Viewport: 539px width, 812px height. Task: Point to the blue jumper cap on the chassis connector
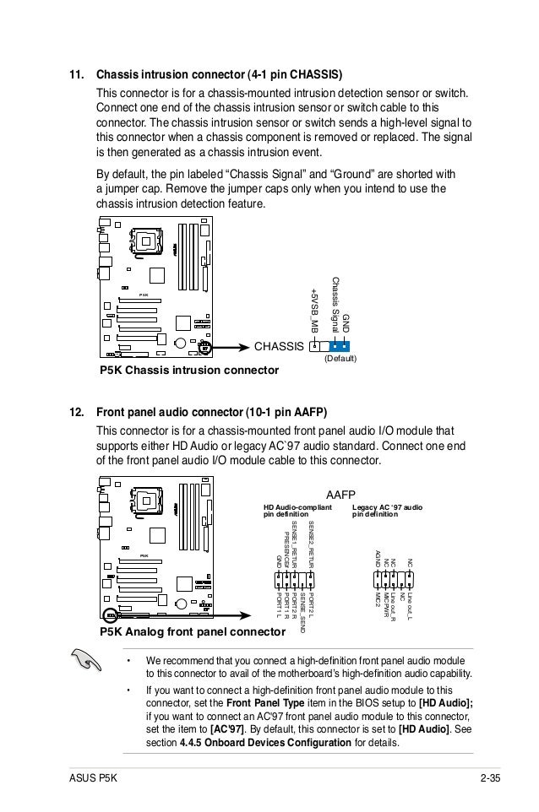[340, 345]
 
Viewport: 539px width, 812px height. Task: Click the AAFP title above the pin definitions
[341, 495]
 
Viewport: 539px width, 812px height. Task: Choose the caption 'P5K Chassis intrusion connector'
[190, 371]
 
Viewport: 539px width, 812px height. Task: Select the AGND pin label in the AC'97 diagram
[378, 558]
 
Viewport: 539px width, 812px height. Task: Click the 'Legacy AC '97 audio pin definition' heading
[387, 512]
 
